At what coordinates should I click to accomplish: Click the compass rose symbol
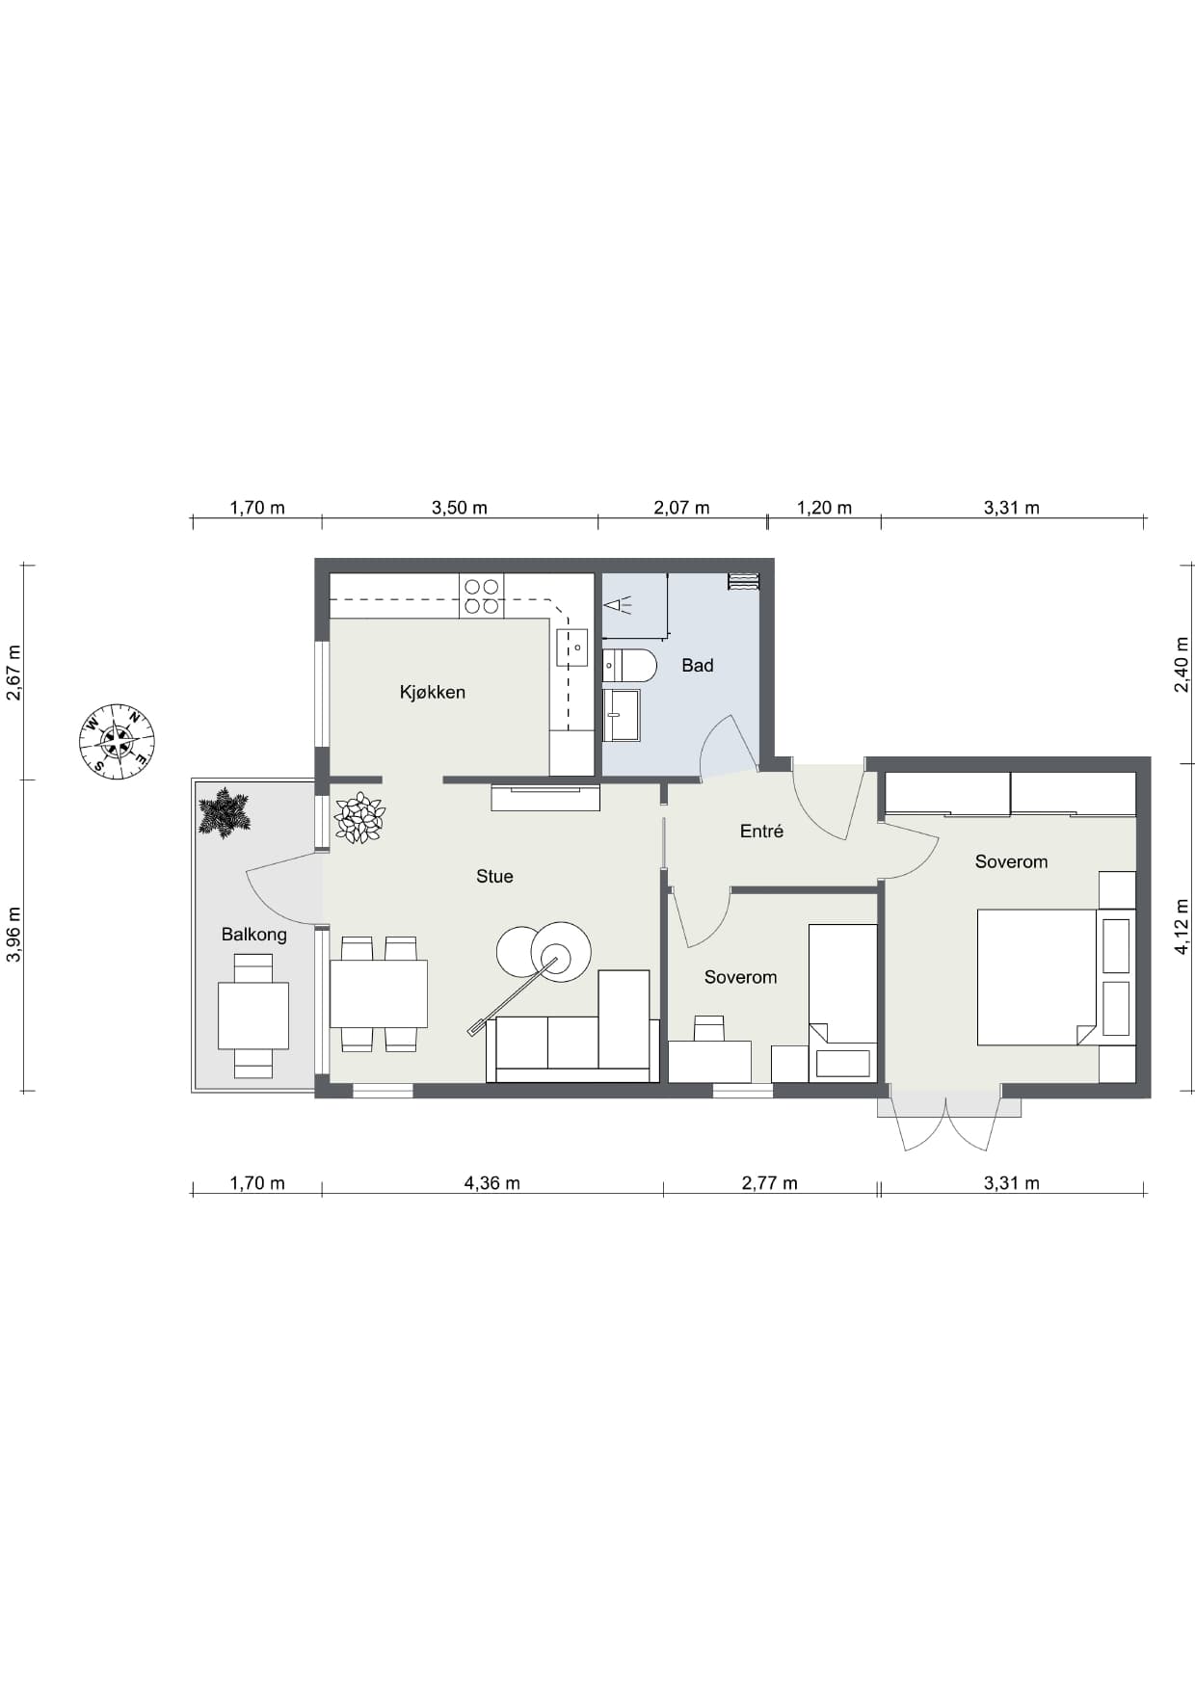pos(117,741)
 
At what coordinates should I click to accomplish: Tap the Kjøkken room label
pos(433,692)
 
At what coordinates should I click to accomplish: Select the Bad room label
pos(697,665)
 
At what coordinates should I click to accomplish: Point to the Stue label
pos(494,876)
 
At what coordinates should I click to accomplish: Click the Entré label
pos(761,831)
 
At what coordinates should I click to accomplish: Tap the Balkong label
pos(253,934)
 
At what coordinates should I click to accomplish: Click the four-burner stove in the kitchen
pos(481,595)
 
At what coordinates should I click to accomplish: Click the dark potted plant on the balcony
pos(225,813)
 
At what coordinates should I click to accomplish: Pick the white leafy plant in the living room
pos(359,818)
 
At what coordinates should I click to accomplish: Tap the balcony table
pos(253,1016)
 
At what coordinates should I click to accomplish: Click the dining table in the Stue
pos(379,993)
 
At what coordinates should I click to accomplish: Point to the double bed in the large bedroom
pos(1037,977)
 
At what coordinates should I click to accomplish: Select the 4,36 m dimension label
pos(492,1183)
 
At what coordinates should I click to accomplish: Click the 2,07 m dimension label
pos(681,508)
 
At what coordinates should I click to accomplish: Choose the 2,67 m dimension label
pos(14,673)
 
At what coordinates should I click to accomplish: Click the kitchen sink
pos(571,647)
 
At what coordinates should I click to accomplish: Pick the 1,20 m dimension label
pos(824,508)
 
